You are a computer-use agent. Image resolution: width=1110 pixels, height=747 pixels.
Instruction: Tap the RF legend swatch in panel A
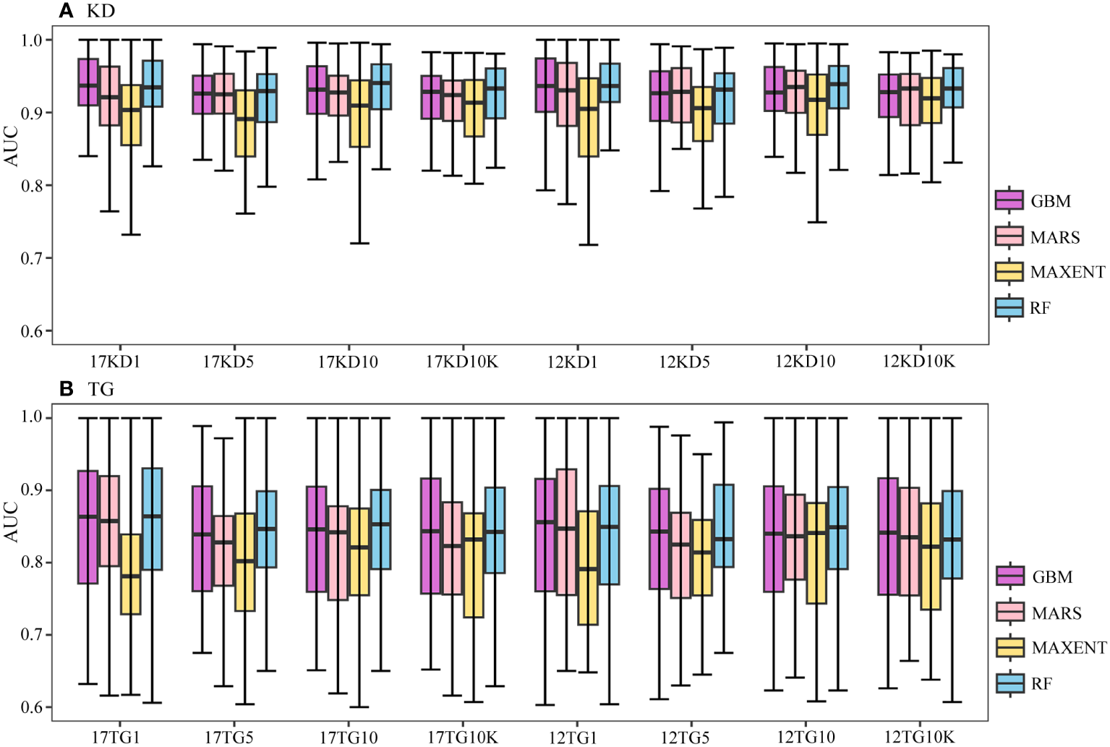point(1009,307)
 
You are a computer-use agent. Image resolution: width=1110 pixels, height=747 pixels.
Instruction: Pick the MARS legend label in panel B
point(1056,613)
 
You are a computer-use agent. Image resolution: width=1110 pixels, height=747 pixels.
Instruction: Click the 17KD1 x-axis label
point(115,362)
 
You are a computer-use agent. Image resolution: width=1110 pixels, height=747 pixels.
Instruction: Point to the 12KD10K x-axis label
point(918,362)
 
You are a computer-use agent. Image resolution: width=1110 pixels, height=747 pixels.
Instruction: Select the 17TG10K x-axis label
point(462,738)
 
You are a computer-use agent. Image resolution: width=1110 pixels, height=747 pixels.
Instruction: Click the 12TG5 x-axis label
point(685,738)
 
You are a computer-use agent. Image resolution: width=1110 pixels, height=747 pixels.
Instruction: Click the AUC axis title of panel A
point(12,146)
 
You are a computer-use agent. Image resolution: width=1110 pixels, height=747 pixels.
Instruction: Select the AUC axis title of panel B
point(12,522)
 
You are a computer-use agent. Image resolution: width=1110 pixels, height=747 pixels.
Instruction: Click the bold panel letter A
point(66,11)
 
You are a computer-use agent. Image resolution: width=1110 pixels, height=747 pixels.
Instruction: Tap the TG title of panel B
point(101,390)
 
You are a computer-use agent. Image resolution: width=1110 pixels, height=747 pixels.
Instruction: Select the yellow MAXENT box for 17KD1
point(131,116)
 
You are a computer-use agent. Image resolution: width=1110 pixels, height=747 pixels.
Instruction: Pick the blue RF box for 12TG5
point(724,526)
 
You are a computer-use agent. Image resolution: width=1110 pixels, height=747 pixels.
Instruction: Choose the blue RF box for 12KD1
point(610,82)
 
